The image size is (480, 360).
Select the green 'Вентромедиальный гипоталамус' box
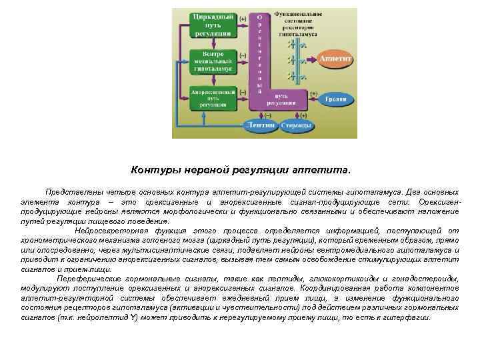click(212, 61)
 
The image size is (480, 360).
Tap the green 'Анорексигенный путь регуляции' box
click(212, 97)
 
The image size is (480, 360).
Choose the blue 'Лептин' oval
click(259, 125)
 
